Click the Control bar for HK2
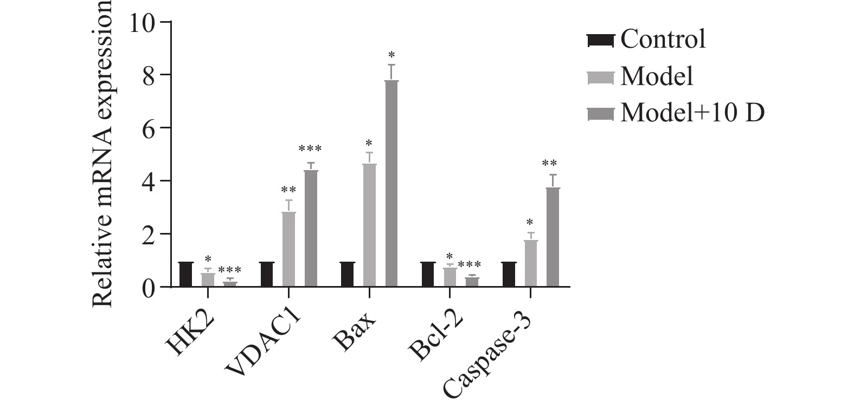(186, 274)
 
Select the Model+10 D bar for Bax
(391, 184)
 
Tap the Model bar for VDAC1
(289, 249)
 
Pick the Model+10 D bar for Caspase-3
(553, 237)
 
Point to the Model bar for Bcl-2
(450, 277)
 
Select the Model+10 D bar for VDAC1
(311, 228)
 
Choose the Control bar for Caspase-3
(509, 274)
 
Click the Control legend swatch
(600, 40)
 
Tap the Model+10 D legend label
(692, 113)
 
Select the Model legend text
(657, 77)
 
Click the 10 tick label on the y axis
(142, 22)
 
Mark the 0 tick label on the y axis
(149, 287)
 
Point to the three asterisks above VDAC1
(310, 148)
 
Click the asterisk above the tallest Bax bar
(391, 55)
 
